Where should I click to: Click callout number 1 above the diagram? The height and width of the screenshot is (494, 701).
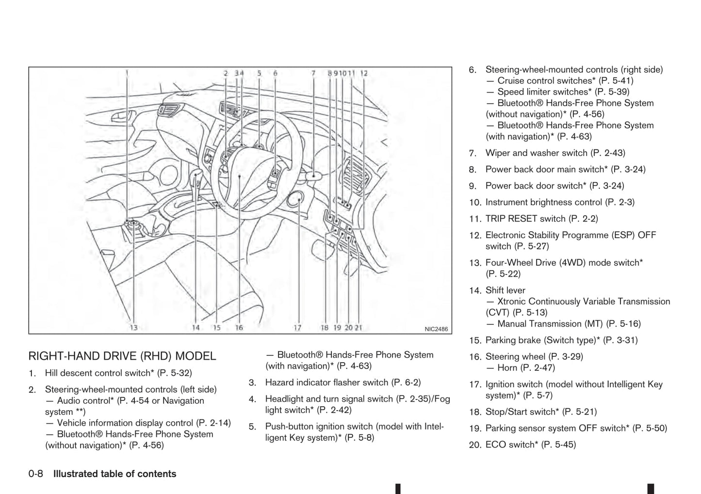tap(127, 73)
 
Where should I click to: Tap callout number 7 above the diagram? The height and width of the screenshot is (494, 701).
tap(313, 73)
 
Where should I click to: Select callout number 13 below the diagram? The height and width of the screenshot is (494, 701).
tap(133, 328)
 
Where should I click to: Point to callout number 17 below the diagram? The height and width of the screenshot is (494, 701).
tap(297, 328)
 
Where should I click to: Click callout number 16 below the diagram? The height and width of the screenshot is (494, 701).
tap(239, 328)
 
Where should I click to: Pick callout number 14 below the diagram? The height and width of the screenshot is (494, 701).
tap(196, 328)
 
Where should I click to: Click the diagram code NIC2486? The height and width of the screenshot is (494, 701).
tap(436, 329)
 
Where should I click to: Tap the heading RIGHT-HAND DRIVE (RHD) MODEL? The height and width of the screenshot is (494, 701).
tap(122, 356)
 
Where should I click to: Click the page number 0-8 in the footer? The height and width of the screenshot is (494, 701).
tap(36, 474)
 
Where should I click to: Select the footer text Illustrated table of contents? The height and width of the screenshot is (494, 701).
tap(114, 474)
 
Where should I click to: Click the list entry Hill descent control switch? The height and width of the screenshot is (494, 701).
tap(118, 373)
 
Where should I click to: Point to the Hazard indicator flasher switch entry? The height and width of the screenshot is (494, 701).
tap(342, 382)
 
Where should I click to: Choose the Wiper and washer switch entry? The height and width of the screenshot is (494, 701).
tap(555, 153)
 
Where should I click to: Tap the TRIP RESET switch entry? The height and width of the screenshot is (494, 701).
tap(541, 219)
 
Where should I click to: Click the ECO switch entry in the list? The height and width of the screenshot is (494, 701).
tap(530, 445)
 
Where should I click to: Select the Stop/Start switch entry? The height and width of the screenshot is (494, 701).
tap(541, 412)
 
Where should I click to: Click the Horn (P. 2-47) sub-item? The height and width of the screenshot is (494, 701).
tap(526, 367)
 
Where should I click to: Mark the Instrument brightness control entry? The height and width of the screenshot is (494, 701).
tap(560, 202)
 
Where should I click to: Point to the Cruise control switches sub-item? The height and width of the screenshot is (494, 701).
tap(565, 81)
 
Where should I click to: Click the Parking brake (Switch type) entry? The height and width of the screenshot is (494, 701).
tap(561, 340)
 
